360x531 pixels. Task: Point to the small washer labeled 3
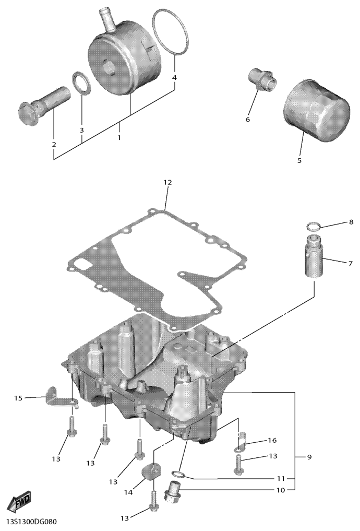(x=82, y=83)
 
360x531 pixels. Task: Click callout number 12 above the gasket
(x=167, y=183)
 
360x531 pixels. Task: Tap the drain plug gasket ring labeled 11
(x=178, y=473)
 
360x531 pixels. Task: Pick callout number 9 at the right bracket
(x=309, y=457)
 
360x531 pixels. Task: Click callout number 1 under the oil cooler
(x=119, y=138)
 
